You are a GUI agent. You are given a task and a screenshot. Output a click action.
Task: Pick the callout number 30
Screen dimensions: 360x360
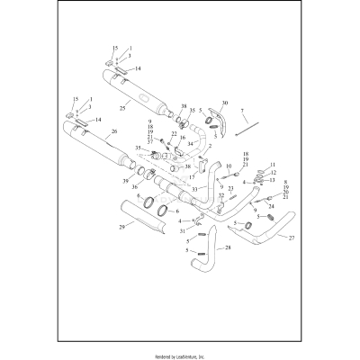[224, 103]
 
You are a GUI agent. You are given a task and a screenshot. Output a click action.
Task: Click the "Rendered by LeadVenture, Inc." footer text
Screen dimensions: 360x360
[180, 355]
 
